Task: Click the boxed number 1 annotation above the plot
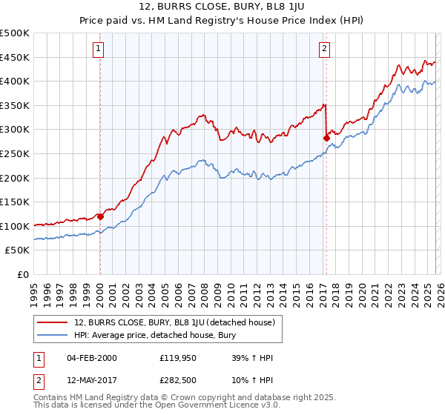click(x=99, y=50)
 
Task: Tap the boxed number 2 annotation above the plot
click(x=325, y=50)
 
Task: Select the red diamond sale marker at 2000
click(x=100, y=216)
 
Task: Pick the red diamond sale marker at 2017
click(x=326, y=138)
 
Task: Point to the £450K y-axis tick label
click(x=15, y=57)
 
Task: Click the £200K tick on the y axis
click(x=15, y=178)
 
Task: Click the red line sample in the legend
click(x=53, y=322)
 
